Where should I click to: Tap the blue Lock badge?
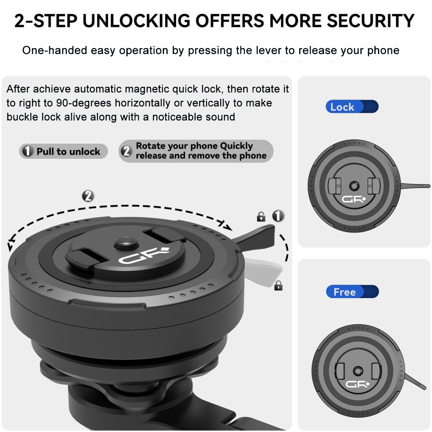pyautogui.click(x=352, y=107)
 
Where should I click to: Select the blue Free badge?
pyautogui.click(x=352, y=292)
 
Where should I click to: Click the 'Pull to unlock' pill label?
pyautogui.click(x=64, y=152)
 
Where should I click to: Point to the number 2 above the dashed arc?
pyautogui.click(x=88, y=196)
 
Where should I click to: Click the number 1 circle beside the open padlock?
pyautogui.click(x=278, y=216)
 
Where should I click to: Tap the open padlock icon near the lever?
pyautogui.click(x=261, y=217)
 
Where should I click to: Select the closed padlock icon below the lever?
pyautogui.click(x=278, y=285)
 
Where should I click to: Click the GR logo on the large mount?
pyautogui.click(x=143, y=256)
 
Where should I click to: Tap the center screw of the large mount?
pyautogui.click(x=126, y=242)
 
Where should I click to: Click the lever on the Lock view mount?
pyautogui.click(x=414, y=186)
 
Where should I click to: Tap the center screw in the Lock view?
pyautogui.click(x=353, y=186)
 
